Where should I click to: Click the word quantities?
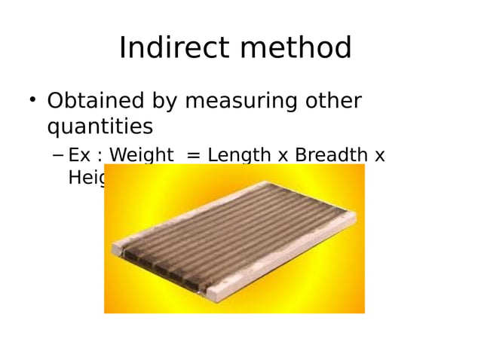pos(100,127)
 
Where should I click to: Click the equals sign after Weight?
pos(193,156)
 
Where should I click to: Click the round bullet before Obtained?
pos(32,99)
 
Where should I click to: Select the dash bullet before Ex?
pos(57,156)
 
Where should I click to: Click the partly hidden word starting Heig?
pos(86,178)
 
